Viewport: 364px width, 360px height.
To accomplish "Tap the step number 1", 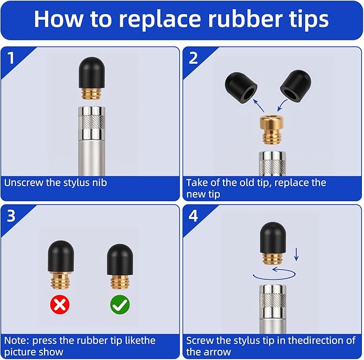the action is point(11,58).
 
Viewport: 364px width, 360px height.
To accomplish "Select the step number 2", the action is point(193,58).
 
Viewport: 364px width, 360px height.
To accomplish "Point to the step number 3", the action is point(11,216).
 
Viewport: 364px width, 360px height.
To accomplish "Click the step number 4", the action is point(193,216).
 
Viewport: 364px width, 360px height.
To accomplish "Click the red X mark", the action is point(60,305).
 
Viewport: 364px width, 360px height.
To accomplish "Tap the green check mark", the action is point(120,305).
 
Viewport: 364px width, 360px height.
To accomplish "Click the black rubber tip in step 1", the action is point(92,72).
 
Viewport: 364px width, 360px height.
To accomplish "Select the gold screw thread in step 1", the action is point(92,94).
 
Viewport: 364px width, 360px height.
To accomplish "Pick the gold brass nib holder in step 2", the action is point(272,129).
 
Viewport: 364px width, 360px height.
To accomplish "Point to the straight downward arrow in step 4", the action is point(296,254).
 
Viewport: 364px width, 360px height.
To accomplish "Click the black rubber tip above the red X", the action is point(61,256).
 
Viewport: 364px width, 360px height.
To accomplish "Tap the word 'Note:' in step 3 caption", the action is point(17,341).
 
